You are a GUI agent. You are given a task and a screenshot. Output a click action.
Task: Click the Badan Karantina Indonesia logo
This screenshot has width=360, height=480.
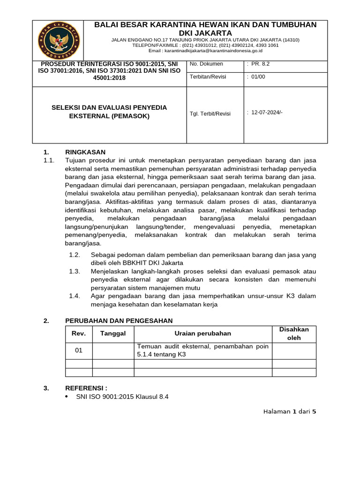pos(59,40)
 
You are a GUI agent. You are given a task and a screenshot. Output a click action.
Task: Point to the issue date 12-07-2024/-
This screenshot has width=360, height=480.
pos(267,112)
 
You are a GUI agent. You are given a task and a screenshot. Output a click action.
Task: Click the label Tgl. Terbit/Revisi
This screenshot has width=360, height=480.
pos(210,114)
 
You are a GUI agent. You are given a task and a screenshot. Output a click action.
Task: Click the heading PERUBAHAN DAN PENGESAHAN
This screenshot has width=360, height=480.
pos(119,321)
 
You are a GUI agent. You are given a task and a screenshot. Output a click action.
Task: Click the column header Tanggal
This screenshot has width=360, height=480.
pos(113,333)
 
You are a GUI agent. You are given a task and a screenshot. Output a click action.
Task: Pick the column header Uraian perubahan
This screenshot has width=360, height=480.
pos(202,333)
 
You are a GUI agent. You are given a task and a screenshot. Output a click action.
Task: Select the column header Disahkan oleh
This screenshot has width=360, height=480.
pos(294,333)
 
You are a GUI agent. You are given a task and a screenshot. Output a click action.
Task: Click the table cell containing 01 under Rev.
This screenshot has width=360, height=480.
pos(78,350)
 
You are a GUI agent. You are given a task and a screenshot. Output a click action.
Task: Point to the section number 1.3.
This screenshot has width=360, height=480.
pos(75,271)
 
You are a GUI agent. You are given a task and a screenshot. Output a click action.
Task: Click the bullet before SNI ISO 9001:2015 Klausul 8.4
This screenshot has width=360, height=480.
pos(66,397)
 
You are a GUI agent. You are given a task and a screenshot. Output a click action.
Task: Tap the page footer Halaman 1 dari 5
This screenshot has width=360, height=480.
pos(290,412)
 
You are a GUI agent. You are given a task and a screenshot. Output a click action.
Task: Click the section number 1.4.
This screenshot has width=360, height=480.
pos(75,296)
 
